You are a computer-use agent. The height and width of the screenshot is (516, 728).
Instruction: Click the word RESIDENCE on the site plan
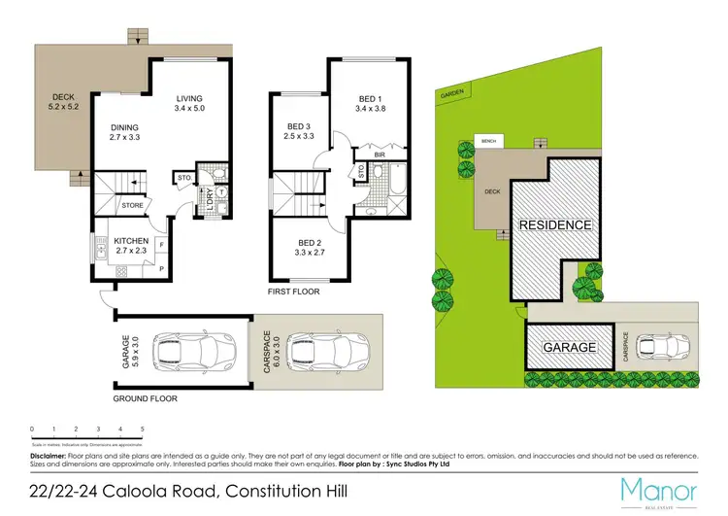click(554, 224)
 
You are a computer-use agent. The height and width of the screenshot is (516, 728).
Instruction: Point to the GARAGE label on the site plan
click(570, 347)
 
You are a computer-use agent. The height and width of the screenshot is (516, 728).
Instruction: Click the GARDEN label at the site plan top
click(451, 94)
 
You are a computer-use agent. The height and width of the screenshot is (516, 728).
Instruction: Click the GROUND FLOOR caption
click(146, 398)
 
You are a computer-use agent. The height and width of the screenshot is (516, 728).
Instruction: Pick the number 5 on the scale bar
click(143, 429)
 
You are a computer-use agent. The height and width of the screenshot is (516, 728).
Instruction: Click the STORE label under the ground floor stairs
click(132, 205)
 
